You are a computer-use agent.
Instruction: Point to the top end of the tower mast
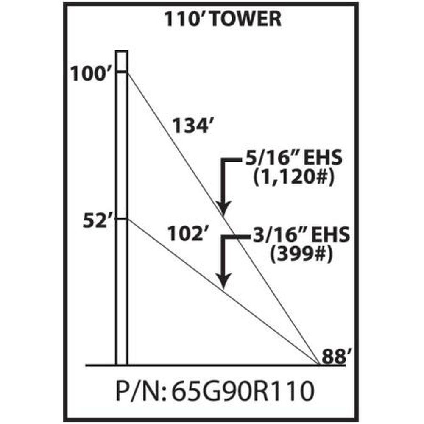point(122,52)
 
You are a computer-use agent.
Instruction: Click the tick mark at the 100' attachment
point(122,73)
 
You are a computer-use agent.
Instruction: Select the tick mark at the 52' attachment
point(122,219)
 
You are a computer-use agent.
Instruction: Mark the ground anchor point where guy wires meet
point(318,364)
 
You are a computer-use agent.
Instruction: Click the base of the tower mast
point(122,363)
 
